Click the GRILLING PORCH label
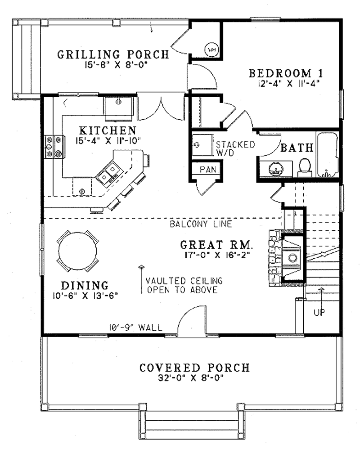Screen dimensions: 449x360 113,54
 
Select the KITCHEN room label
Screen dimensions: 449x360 108,130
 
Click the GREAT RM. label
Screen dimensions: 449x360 216,245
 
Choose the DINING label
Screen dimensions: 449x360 85,285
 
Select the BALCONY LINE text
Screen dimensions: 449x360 201,223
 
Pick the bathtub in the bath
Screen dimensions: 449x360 327,155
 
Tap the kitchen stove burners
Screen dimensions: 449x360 54,147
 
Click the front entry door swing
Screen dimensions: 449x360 192,320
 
